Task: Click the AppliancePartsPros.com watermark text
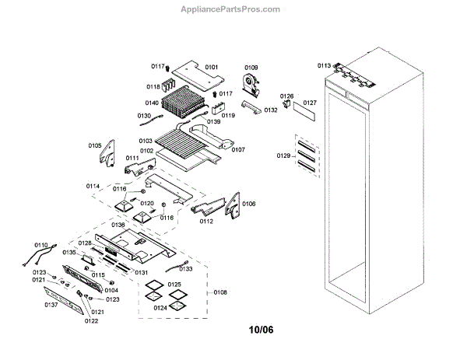pos(233,9)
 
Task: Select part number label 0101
pos(211,68)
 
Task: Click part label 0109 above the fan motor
pos(251,68)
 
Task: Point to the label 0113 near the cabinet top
pos(324,66)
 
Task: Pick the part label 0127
pos(310,103)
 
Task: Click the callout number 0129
pos(283,156)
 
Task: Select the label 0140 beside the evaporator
pos(152,103)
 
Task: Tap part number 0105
pos(95,145)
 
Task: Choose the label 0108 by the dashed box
pos(220,292)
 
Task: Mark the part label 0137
pos(51,305)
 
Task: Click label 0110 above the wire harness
pos(40,245)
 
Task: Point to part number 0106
pos(249,203)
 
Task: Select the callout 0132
pos(270,110)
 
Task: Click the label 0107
pos(238,149)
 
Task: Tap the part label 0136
pos(118,225)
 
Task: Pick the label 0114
pos(93,186)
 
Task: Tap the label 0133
pos(186,268)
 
